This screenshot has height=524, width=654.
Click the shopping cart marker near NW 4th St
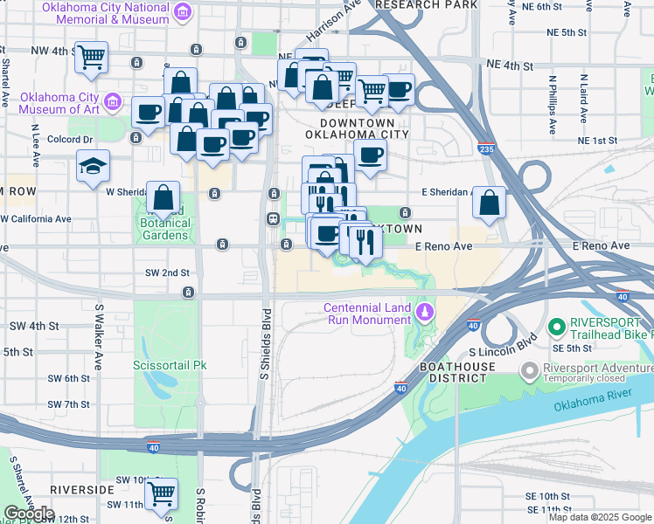[91, 58]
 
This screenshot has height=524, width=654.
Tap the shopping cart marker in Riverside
[161, 493]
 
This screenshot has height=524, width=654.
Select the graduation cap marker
[91, 167]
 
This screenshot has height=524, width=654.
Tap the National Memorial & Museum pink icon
[183, 12]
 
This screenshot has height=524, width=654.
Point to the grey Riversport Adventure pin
[529, 372]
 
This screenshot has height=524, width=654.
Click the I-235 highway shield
[487, 150]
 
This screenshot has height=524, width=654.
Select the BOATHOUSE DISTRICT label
[453, 372]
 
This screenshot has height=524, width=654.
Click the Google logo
[30, 513]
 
